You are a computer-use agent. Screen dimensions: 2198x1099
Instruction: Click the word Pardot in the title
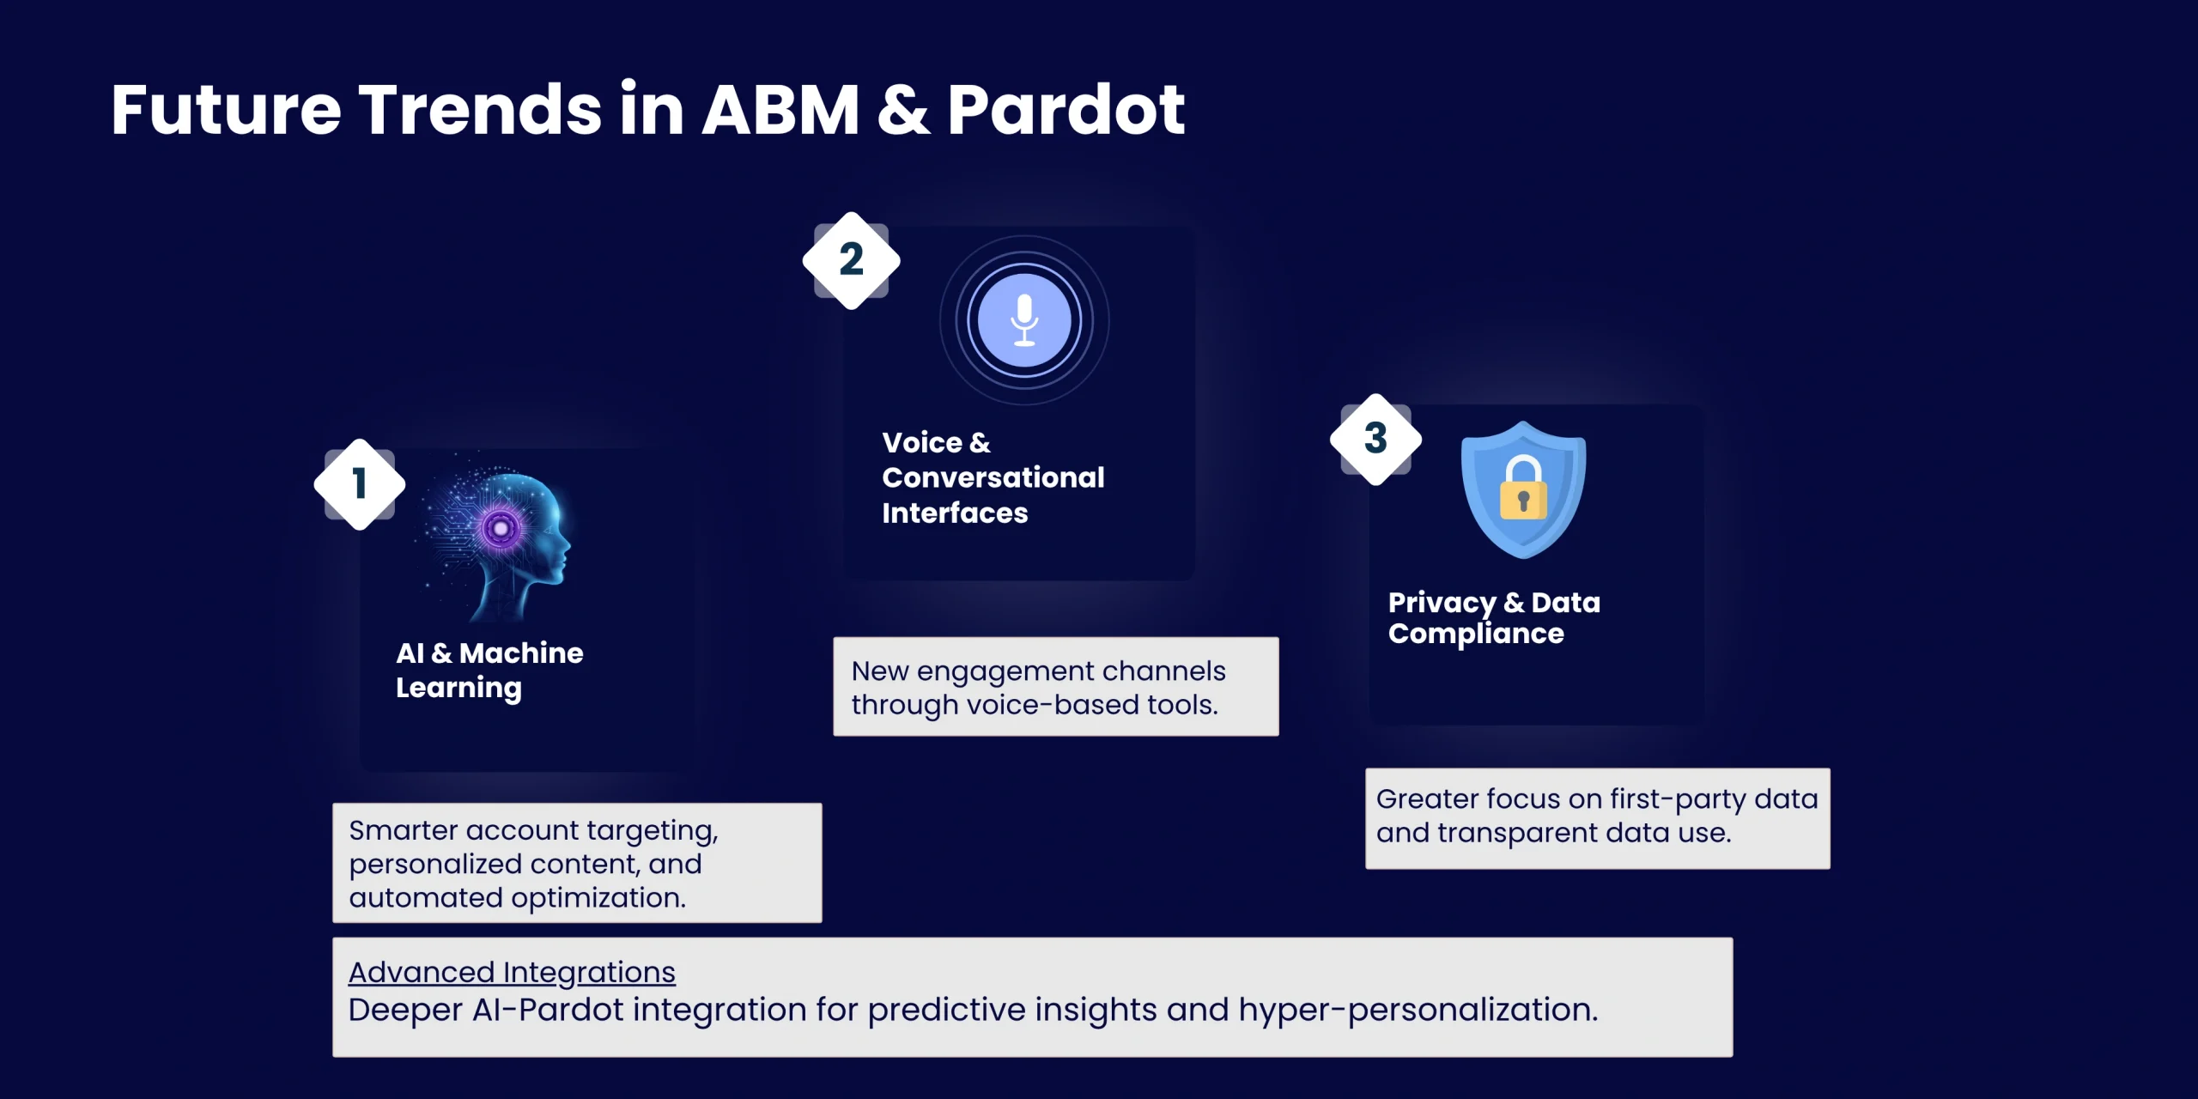pos(1066,109)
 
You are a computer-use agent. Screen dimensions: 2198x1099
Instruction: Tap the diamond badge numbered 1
pos(360,484)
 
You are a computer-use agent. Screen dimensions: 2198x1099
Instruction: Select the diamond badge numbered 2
pos(851,260)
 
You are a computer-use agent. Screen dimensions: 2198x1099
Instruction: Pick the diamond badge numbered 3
pos(1375,439)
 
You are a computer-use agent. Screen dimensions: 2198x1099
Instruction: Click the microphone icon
pos(1024,320)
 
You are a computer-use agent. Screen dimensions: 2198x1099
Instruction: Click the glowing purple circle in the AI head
pos(500,528)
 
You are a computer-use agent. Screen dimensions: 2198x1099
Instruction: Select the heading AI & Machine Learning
pos(489,671)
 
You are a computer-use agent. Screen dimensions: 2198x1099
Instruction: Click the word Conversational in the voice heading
pos(993,477)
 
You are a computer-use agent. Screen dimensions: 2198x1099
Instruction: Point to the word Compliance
pos(1476,635)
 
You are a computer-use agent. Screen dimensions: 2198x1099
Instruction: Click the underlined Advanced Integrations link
pos(512,972)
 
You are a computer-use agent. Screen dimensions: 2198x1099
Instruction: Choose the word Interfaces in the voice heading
pos(955,513)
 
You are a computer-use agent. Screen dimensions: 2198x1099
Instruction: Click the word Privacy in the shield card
pos(1442,604)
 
